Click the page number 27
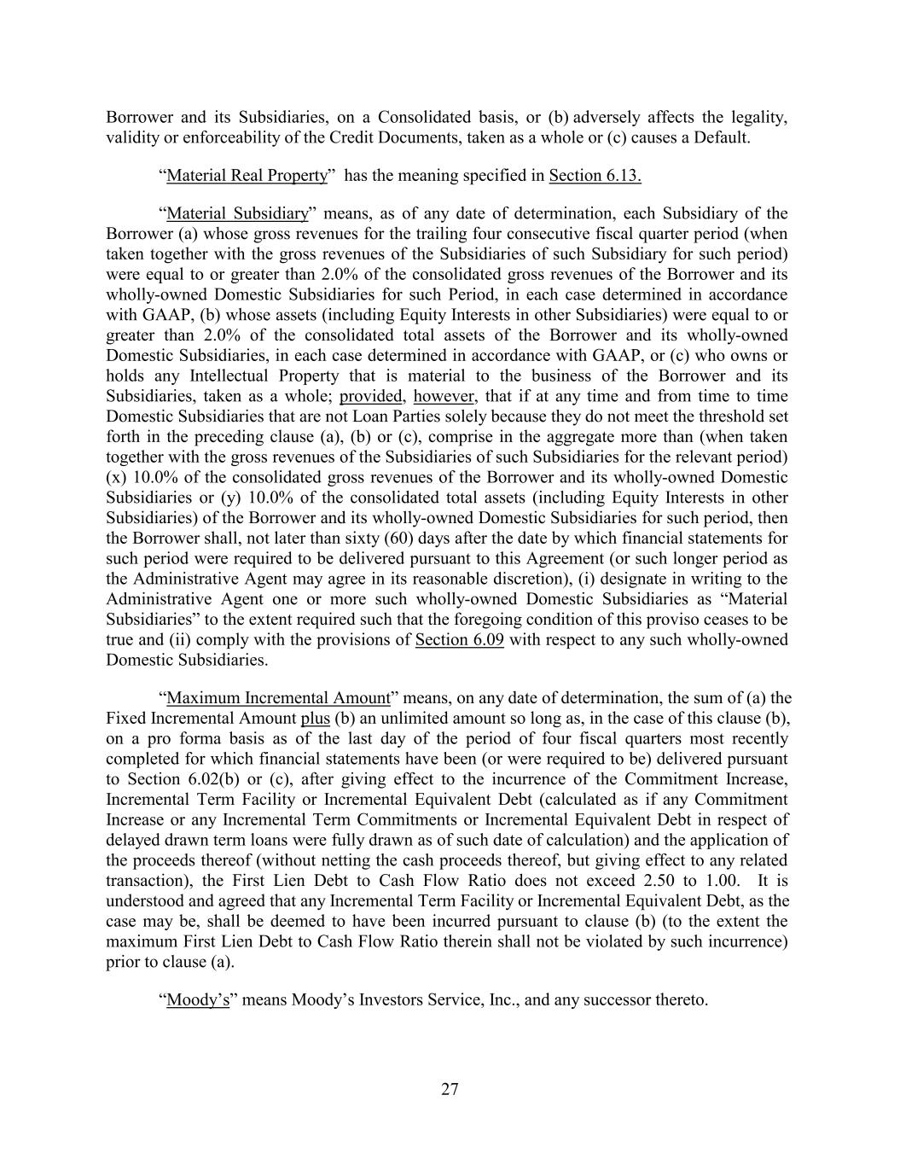pos(450,1089)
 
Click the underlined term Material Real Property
pos(247,176)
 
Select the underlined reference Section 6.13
pos(595,176)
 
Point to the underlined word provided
pos(371,396)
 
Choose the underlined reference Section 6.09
pos(459,640)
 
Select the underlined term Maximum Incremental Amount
pos(278,698)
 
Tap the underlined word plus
pos(315,719)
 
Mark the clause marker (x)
pos(116,478)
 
